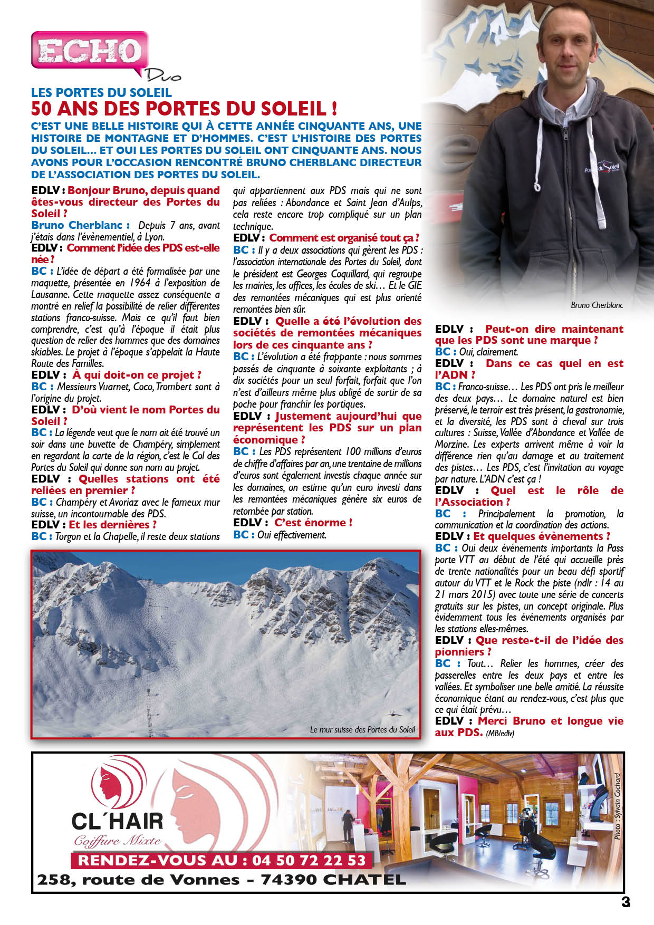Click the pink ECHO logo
coord(89,51)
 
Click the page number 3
coord(625,902)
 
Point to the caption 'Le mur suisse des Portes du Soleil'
coord(362,730)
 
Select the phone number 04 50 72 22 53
coord(309,861)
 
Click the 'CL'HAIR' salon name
coord(117,821)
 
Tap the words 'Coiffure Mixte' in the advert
coord(117,841)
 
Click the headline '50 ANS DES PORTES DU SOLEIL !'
coord(184,109)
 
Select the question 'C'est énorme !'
coord(313,523)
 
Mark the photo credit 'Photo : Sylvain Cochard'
coord(617,806)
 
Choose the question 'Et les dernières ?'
coord(112,525)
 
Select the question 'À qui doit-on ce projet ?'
coord(137,375)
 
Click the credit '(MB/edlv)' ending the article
coord(499,733)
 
